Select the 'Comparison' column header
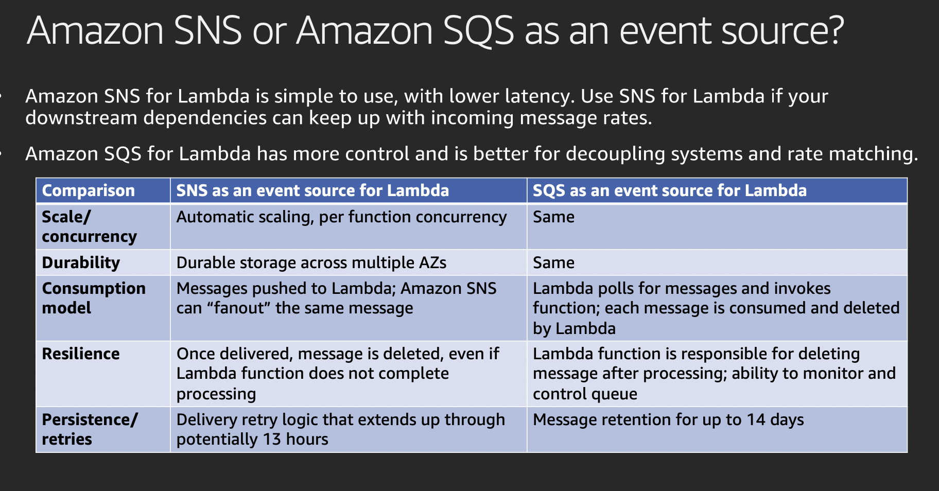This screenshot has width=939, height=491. click(x=88, y=190)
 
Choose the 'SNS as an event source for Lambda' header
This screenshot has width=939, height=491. click(x=312, y=190)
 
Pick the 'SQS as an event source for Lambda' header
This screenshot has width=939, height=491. click(x=670, y=190)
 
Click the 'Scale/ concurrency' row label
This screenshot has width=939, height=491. click(x=89, y=226)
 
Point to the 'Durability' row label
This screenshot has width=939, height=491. click(x=81, y=262)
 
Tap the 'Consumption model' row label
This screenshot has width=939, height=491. click(x=94, y=298)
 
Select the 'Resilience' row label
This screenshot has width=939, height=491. click(x=81, y=354)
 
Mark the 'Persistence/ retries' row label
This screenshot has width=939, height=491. click(x=90, y=429)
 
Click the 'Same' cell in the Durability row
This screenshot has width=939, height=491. click(x=553, y=262)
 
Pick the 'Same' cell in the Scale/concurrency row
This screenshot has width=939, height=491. click(x=553, y=217)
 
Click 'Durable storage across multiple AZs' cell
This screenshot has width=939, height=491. click(x=311, y=262)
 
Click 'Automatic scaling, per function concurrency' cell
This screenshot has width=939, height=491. click(x=341, y=217)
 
